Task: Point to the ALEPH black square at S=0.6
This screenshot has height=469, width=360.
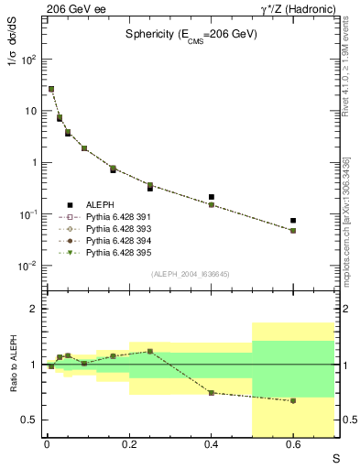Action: (x=293, y=221)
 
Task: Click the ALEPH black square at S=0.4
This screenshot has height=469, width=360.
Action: (x=212, y=197)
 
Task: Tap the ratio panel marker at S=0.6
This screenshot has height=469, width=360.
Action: (x=293, y=401)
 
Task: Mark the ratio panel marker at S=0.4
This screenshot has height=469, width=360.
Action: (x=212, y=393)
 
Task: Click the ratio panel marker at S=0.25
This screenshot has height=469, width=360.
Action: (x=149, y=351)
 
